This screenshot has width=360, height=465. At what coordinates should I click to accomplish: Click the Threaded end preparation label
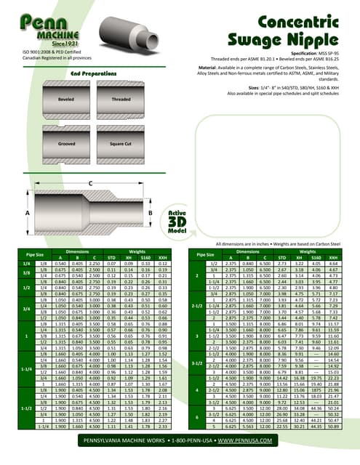(121, 99)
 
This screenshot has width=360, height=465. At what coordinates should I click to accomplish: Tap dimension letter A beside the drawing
(28, 212)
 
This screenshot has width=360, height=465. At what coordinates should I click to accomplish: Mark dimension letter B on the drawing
(150, 212)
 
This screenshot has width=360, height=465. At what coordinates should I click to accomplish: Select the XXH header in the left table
(169, 256)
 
